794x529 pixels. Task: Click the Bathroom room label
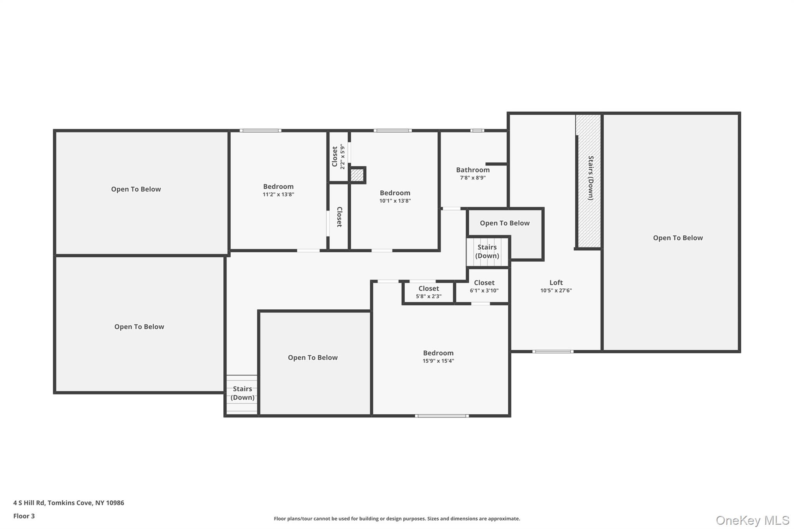[x=473, y=170]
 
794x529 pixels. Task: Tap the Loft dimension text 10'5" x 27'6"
[x=556, y=291]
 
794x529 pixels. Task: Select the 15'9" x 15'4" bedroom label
[x=438, y=353]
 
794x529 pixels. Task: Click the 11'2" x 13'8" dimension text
[x=278, y=195]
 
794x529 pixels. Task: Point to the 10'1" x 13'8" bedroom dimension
[x=395, y=201]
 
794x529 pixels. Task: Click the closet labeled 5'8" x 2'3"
[x=428, y=292]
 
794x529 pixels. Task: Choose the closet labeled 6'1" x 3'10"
[x=484, y=286]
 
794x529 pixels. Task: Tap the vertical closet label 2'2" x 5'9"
[x=338, y=157]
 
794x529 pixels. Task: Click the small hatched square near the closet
[x=357, y=175]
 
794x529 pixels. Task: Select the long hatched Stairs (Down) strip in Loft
[x=589, y=181]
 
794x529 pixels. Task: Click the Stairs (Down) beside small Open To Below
[x=487, y=252]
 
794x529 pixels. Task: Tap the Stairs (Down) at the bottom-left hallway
[x=242, y=393]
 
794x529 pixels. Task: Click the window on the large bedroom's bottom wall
[x=442, y=416]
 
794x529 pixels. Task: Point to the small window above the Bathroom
[x=477, y=131]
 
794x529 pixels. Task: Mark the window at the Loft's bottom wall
[x=552, y=352]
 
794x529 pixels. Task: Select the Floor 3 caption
[x=24, y=516]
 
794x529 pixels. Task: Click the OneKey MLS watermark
[x=752, y=520]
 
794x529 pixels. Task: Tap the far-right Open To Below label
[x=677, y=238]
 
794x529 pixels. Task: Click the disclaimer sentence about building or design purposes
[x=397, y=519]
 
